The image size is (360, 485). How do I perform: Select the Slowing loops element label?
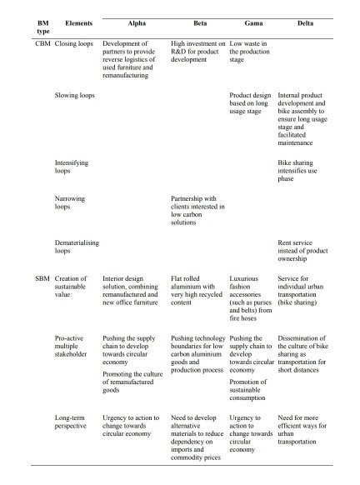(75, 97)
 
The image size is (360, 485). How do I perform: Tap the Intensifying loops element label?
(72, 167)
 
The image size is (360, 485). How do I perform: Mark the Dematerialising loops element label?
(77, 247)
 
